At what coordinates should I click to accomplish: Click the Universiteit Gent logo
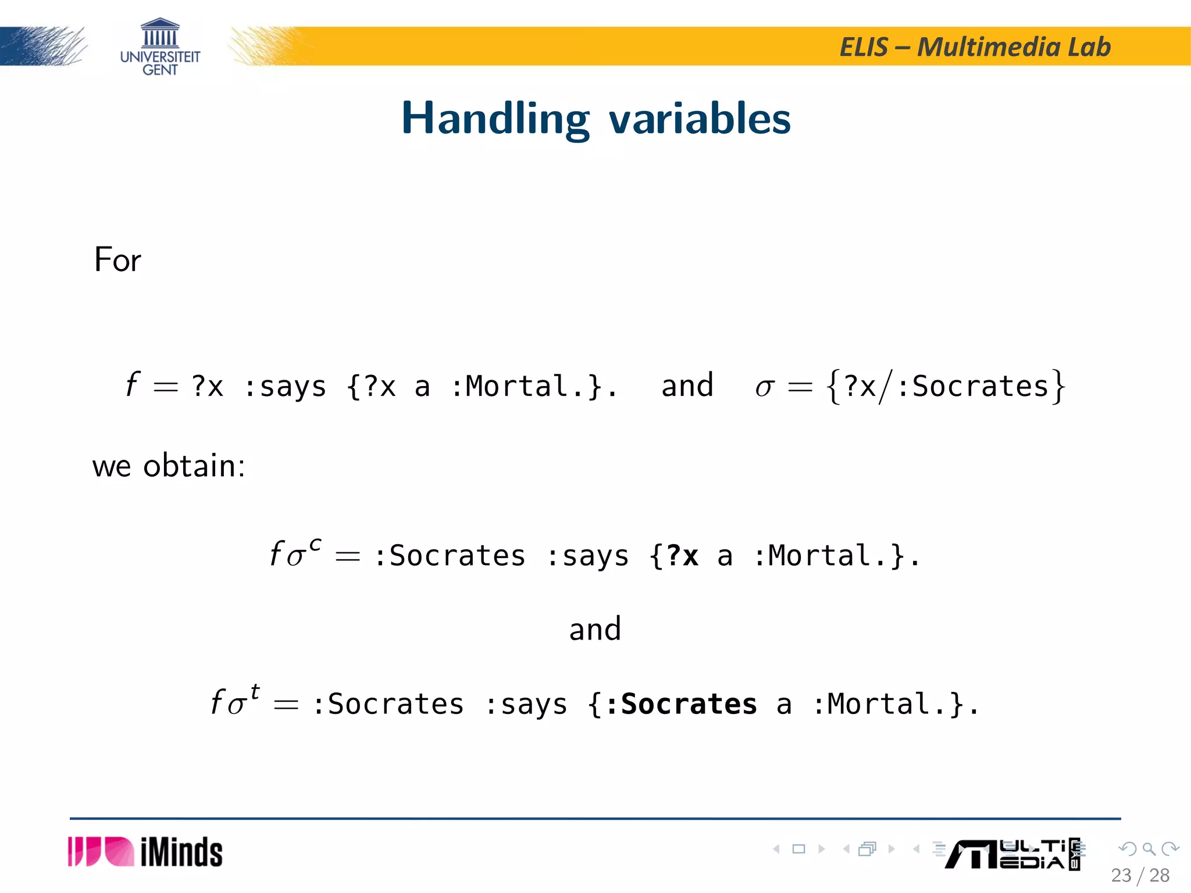(x=160, y=47)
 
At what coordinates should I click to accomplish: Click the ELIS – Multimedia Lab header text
(x=975, y=47)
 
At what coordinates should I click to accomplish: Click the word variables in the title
(x=700, y=119)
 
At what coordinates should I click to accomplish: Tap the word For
(x=117, y=259)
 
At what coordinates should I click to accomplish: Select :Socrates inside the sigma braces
(x=973, y=386)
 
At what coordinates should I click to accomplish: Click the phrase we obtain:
(x=169, y=466)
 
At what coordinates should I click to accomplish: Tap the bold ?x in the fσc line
(x=682, y=556)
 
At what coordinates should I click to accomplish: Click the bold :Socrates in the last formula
(x=681, y=704)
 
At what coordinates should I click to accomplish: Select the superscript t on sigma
(x=255, y=692)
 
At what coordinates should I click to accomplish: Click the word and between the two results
(x=595, y=629)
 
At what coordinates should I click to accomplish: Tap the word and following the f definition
(x=687, y=386)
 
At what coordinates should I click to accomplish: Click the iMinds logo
(x=145, y=852)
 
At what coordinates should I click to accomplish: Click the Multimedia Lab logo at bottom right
(x=1012, y=854)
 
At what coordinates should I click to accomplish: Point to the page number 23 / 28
(x=1140, y=875)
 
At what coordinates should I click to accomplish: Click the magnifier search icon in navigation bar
(x=1149, y=849)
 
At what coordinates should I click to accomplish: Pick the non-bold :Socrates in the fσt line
(x=388, y=704)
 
